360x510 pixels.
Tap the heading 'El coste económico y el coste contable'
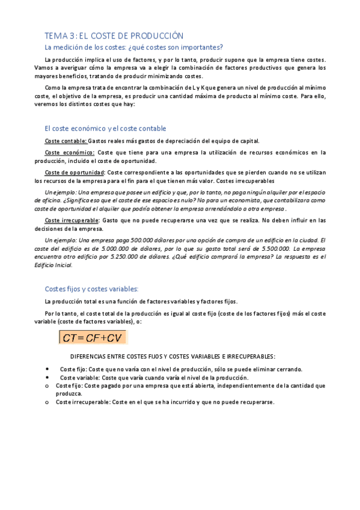tap(105, 129)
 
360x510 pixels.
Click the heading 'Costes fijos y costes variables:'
tap(91, 288)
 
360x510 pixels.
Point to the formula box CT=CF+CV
tap(93, 337)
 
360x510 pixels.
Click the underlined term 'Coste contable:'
tap(66, 141)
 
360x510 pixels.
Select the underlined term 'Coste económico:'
tap(69, 152)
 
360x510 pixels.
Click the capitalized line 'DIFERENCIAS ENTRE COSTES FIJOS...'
tap(173, 356)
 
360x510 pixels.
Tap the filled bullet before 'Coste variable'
tap(47, 377)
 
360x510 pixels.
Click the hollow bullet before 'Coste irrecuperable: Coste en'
tap(47, 402)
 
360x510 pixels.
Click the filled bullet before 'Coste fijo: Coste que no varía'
tap(47, 369)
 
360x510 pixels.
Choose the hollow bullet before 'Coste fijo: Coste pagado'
tap(47, 385)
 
